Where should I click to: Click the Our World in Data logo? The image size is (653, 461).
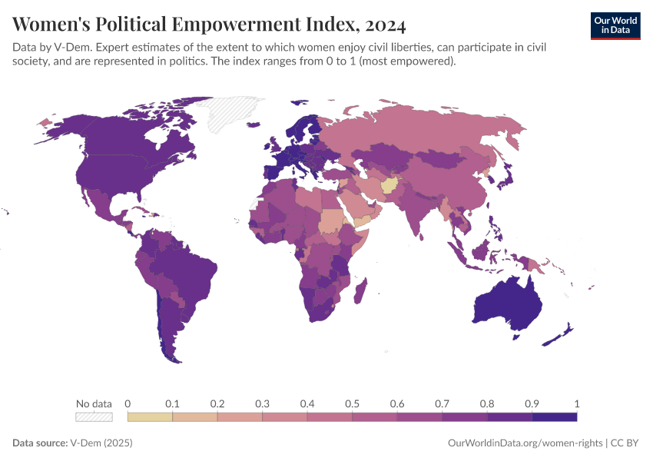(615, 25)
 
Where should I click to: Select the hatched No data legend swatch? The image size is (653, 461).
(94, 417)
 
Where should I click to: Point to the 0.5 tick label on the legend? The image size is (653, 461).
(352, 403)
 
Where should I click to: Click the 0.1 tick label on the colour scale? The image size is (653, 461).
(172, 403)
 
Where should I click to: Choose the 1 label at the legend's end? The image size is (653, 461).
(576, 403)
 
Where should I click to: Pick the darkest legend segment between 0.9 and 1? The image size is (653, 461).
(554, 417)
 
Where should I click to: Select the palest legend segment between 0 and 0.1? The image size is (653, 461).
(150, 417)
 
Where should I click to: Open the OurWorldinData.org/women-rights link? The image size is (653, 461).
(525, 443)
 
